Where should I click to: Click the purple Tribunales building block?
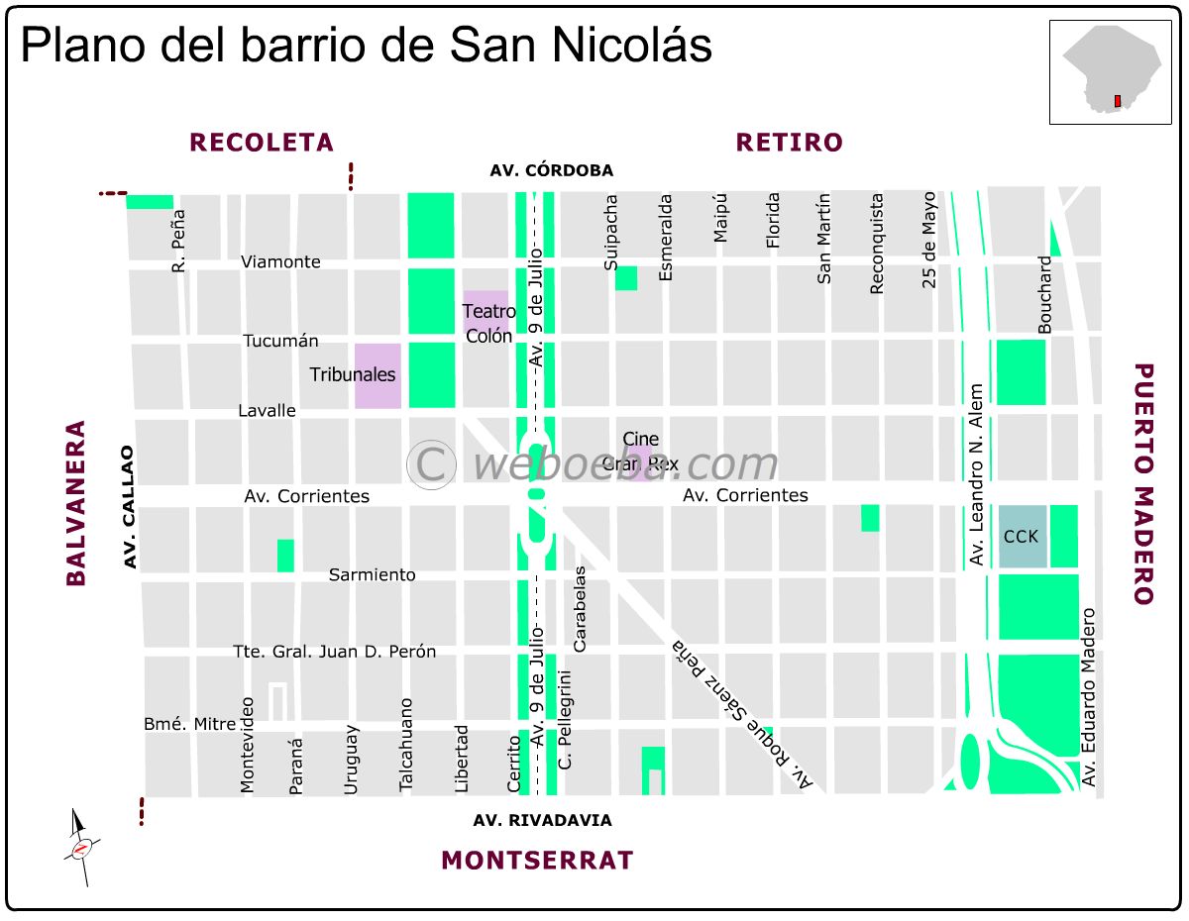pos(378,375)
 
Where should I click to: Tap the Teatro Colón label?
pos(487,323)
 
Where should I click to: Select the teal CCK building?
pos(1021,536)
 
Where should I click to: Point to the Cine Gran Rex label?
pos(643,452)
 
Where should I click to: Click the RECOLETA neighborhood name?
pos(262,143)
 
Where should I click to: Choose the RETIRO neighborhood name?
pos(789,143)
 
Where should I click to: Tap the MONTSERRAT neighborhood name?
pos(536,860)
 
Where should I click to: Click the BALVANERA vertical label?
pos(76,503)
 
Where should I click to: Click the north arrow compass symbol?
pos(81,848)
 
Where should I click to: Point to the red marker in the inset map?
pos(1117,101)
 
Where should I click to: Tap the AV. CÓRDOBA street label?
pos(551,170)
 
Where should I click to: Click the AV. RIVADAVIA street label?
pos(542,820)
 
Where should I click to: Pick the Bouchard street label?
pos(1044,294)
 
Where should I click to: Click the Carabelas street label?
pos(581,608)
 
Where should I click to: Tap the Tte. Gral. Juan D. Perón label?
pos(334,652)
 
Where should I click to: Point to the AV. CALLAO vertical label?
pos(128,507)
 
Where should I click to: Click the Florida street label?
pos(773,219)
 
